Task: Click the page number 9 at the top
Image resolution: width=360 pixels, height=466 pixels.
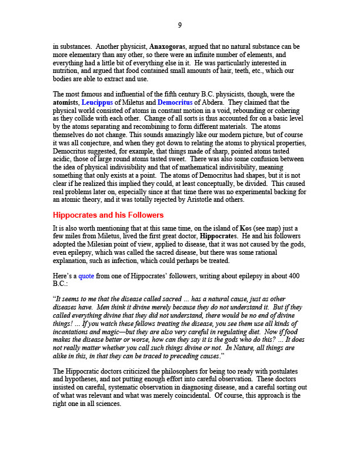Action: tap(180, 25)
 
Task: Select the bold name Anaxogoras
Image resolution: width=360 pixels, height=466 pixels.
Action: tap(169, 46)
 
